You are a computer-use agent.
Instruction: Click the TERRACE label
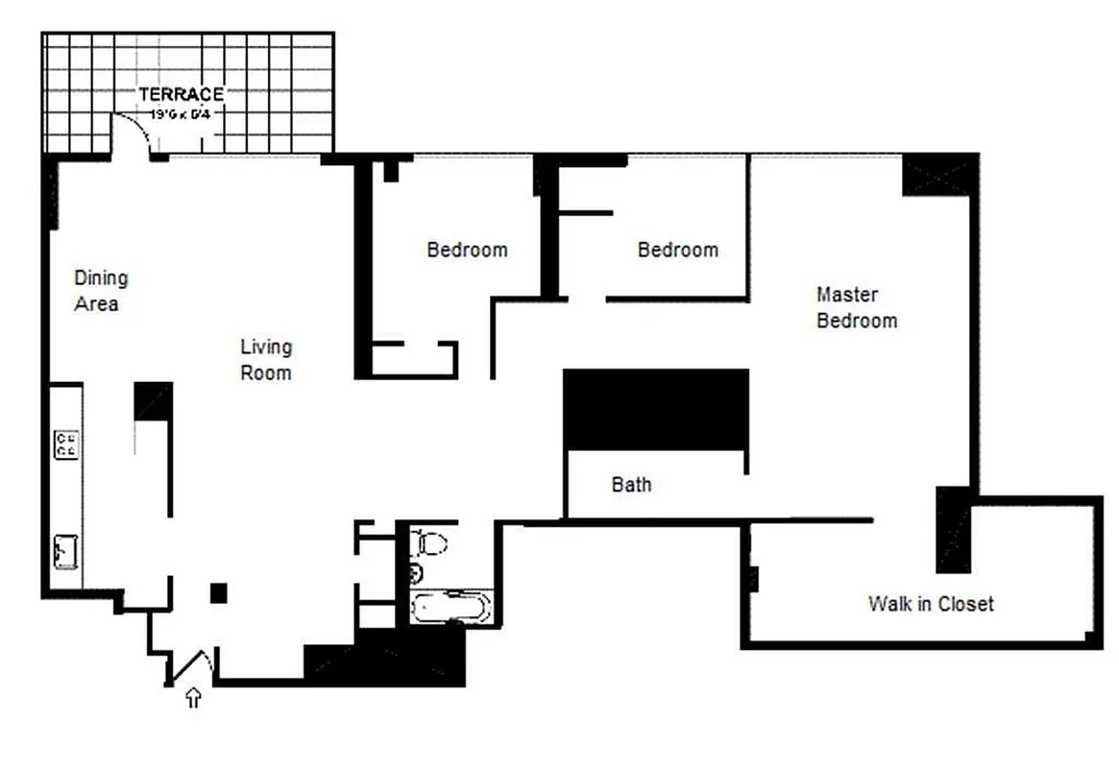pos(181,94)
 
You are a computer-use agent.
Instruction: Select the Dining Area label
pos(100,290)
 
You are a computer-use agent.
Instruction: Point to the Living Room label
pos(266,359)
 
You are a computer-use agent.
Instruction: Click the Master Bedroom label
pos(856,307)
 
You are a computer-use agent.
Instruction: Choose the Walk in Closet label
pos(930,604)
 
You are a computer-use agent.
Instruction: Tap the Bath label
pos(631,485)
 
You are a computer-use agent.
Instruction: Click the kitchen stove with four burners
pos(66,444)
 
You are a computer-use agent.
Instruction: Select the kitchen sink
pos(65,553)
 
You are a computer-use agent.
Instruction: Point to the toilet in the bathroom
pos(431,544)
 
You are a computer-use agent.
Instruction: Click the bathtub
pos(450,608)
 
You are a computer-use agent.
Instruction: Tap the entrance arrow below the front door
pos(193,698)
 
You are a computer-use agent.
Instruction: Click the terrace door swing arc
pos(133,131)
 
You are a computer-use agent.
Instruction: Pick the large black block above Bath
pos(656,407)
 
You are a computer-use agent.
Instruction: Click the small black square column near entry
pos(219,593)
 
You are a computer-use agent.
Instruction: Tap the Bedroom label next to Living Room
pos(467,250)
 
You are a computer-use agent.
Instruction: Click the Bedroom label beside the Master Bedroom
pos(677,250)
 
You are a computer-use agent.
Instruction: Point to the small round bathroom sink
pos(416,575)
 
